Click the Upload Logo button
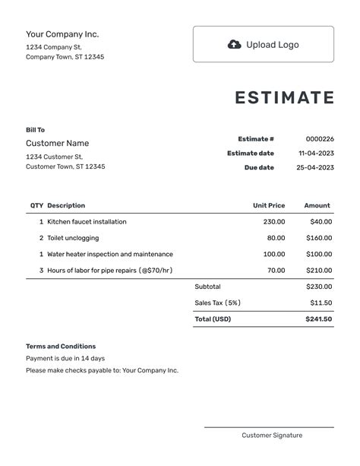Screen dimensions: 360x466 (263, 44)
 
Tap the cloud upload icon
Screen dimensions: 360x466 (235, 44)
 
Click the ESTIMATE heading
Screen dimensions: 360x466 (284, 98)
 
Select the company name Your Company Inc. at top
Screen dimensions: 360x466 (62, 34)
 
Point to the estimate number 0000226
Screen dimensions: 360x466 (320, 139)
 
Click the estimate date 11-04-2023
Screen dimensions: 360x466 (316, 154)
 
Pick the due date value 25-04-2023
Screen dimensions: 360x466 (316, 168)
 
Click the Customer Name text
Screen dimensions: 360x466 (57, 144)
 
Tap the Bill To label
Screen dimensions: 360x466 (35, 130)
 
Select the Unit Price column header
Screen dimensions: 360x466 (269, 205)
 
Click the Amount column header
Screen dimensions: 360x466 (317, 205)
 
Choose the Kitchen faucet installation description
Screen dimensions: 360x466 (87, 222)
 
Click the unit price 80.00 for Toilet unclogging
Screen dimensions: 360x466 (276, 238)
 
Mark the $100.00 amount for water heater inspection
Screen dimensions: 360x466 (319, 254)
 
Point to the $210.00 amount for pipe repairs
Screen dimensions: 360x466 (319, 270)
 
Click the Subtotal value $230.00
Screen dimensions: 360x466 (319, 287)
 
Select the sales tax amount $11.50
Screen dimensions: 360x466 (321, 303)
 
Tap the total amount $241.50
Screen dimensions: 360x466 (319, 319)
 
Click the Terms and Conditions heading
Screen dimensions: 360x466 (61, 347)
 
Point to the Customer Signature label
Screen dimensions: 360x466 (272, 436)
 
